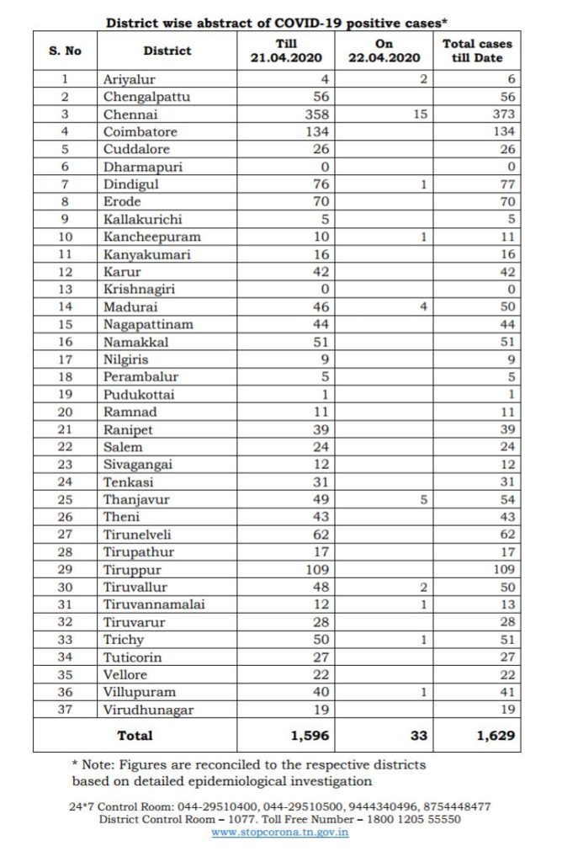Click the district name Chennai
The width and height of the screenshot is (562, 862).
click(x=125, y=114)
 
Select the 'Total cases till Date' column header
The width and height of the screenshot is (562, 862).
click(x=477, y=51)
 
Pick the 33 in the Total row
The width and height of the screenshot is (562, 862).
click(x=418, y=735)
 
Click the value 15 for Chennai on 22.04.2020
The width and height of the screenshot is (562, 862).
click(x=421, y=114)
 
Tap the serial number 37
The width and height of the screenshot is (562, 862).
click(x=66, y=710)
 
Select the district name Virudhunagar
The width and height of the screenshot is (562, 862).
click(x=148, y=710)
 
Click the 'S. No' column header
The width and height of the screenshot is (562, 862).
click(x=66, y=51)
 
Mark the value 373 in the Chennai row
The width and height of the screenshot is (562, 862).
click(x=501, y=114)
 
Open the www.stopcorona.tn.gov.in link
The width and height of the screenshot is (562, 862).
click(x=280, y=833)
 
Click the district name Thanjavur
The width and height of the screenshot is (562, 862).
click(x=136, y=499)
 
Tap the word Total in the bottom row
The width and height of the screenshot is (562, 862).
click(x=135, y=735)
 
